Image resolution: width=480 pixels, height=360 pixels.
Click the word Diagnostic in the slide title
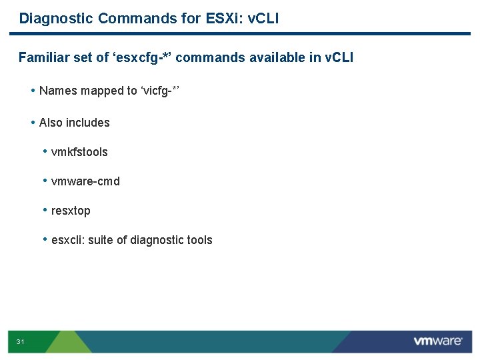pos(56,18)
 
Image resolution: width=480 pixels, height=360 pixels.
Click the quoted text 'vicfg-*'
pos(160,91)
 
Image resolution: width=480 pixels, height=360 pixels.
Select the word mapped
pos(103,91)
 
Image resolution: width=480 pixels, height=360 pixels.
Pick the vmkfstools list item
pos(79,152)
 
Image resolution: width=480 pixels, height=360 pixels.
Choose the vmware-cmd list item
pos(85,181)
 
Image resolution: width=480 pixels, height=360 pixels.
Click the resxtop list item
pos(71,211)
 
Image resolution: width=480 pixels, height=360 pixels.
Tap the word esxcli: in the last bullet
pos(68,240)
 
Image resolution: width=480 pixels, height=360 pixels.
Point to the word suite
pos(101,240)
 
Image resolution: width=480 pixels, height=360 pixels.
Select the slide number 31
pos(21,342)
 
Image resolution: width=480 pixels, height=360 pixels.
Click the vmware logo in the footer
pos(437,341)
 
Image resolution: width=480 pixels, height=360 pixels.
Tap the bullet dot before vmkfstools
pos(45,151)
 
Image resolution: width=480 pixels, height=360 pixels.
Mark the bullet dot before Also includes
pos(33,122)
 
